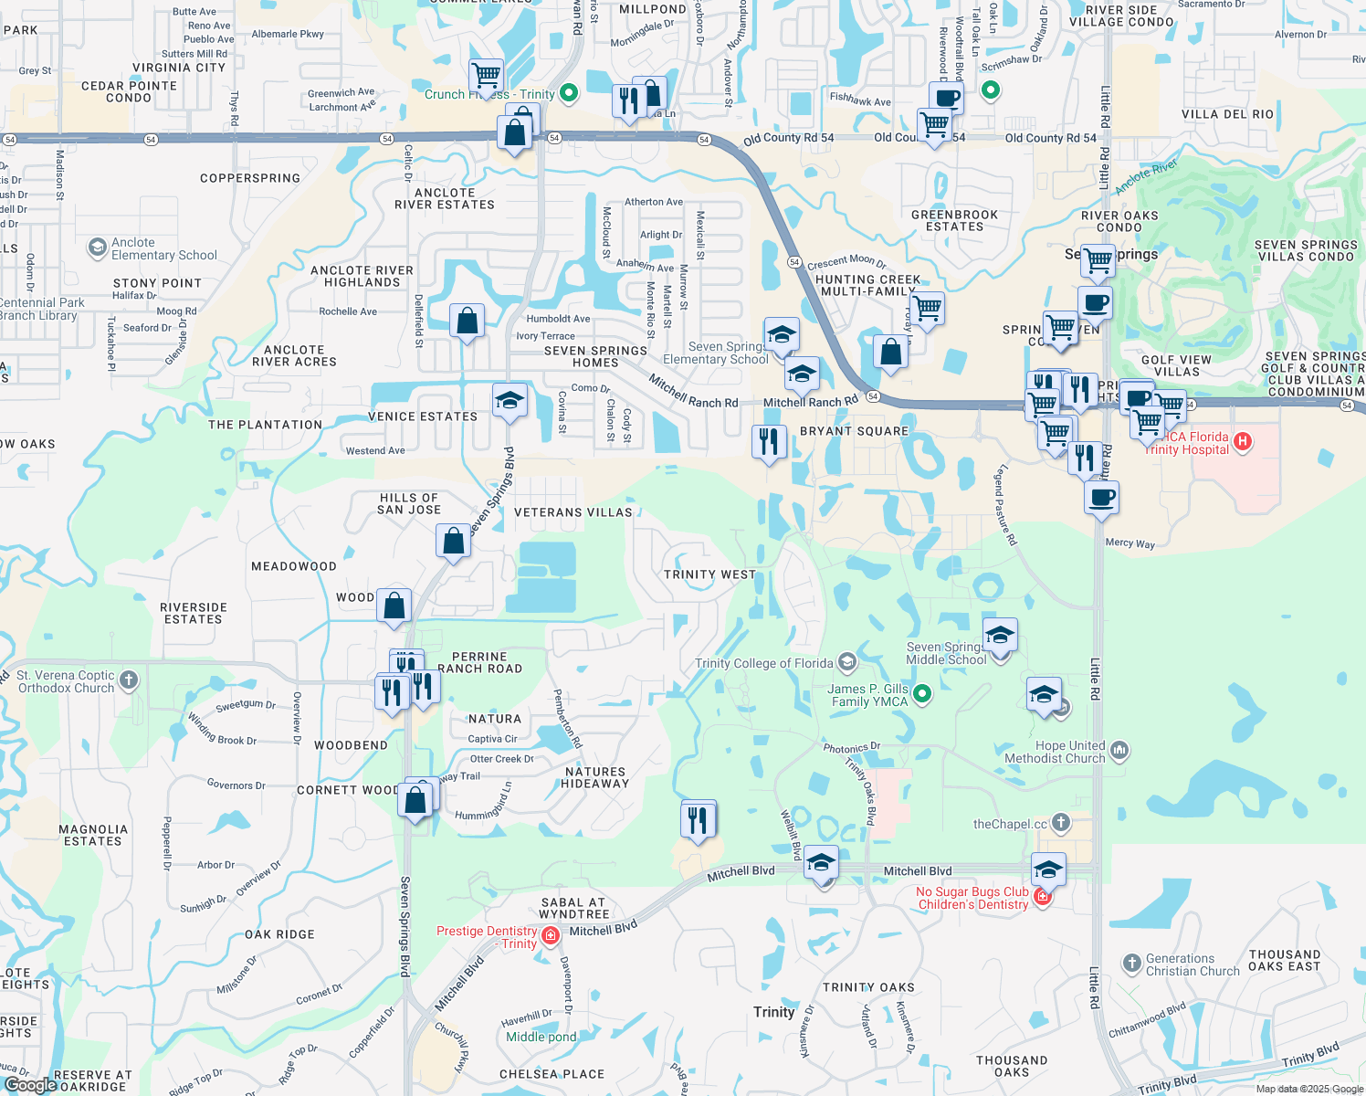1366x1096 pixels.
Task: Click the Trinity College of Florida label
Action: point(763,663)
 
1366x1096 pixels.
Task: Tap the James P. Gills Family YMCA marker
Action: point(922,693)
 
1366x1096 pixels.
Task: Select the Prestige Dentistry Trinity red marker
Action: point(550,935)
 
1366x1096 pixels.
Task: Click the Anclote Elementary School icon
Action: point(97,248)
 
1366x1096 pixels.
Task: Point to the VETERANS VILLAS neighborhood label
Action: point(573,512)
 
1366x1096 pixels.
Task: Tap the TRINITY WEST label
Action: point(709,574)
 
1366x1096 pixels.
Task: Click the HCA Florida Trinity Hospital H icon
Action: point(1242,442)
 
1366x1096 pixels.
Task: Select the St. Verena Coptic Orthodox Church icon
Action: point(129,680)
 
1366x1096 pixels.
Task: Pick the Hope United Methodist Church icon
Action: point(1120,751)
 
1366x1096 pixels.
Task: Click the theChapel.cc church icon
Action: point(1060,823)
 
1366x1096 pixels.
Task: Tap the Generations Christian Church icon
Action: point(1132,963)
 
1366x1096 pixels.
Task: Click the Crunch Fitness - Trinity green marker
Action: point(569,92)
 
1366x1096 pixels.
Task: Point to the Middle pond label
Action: point(541,1037)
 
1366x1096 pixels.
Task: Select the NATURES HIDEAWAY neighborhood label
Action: point(594,777)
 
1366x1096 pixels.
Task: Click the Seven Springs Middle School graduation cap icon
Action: point(1000,635)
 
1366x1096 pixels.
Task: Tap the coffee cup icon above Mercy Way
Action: point(1102,498)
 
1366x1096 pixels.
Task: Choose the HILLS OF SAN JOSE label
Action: point(409,503)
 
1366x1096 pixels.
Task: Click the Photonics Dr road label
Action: point(851,747)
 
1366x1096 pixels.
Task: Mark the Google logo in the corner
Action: point(31,1085)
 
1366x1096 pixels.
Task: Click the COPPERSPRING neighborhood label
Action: point(250,178)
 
